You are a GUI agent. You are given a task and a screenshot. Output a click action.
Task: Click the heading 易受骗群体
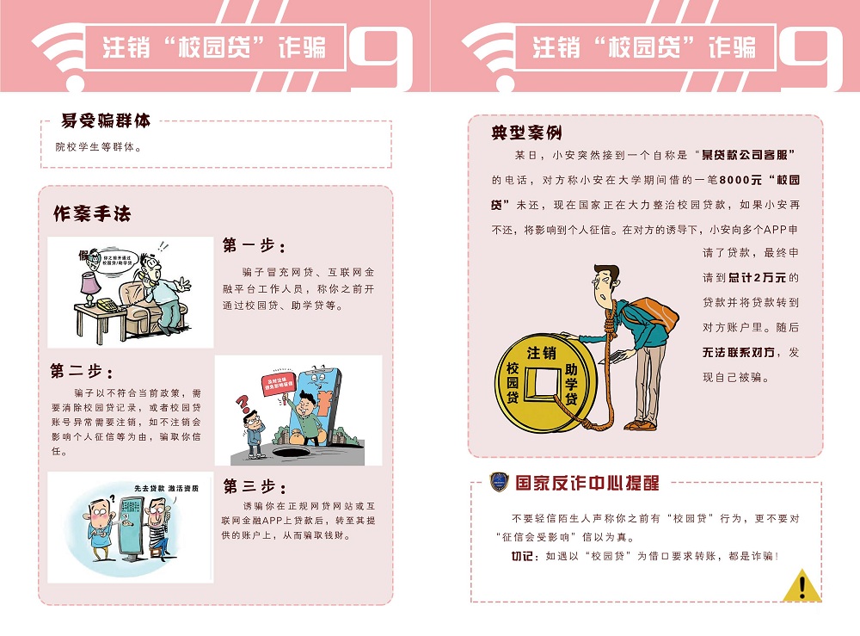106,121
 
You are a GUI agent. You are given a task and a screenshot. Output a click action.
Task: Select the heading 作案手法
92,213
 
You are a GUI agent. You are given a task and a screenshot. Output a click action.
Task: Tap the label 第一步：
254,245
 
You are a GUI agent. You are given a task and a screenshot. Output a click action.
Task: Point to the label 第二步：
81,371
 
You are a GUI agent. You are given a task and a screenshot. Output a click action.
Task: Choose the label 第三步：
254,487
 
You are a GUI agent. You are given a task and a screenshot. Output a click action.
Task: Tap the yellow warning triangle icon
802,585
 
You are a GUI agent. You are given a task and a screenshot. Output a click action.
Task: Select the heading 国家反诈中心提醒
587,483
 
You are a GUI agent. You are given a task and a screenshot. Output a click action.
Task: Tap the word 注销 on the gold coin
541,353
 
